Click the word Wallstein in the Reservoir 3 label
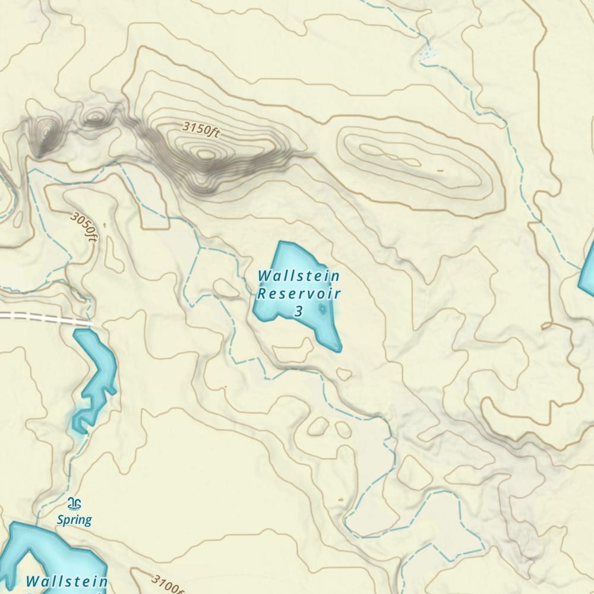click(299, 276)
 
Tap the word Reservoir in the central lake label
click(299, 293)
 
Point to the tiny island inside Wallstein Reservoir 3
click(323, 308)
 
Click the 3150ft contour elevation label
click(201, 129)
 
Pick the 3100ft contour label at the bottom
click(167, 584)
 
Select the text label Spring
click(74, 520)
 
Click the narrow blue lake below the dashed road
click(95, 374)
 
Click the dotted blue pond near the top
click(426, 55)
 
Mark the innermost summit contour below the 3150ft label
click(206, 154)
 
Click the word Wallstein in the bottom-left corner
click(67, 581)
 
